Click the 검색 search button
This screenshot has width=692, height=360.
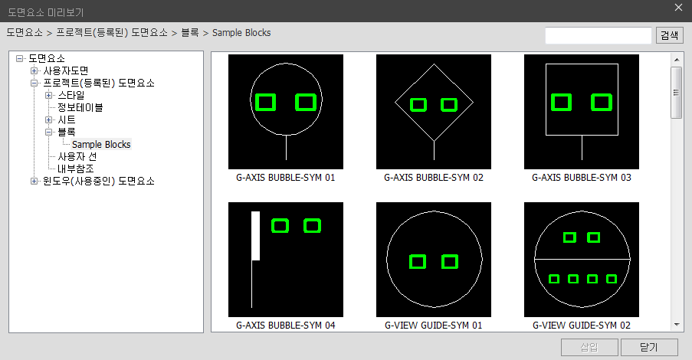point(670,35)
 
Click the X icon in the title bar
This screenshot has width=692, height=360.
point(678,8)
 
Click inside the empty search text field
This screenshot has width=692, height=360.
point(598,35)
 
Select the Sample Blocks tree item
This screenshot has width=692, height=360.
point(101,144)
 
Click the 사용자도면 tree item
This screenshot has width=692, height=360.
point(66,70)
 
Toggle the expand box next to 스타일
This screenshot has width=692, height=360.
point(48,95)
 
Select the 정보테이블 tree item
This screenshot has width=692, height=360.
point(80,107)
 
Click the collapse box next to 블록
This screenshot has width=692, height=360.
point(48,132)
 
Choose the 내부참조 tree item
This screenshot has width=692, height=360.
point(75,169)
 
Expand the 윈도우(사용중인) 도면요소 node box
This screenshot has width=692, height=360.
point(34,181)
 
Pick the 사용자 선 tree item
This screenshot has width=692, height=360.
point(77,156)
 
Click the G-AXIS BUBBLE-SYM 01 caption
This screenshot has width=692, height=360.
point(286,178)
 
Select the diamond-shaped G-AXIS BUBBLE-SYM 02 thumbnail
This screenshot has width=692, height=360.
point(434,112)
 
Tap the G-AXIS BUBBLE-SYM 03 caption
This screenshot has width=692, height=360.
point(581,178)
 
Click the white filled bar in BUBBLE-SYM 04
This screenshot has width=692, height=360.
point(255,236)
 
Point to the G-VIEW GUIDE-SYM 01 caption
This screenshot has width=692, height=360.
point(434,325)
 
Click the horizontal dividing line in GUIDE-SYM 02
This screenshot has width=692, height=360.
point(582,259)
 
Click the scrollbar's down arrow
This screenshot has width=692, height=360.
point(677,325)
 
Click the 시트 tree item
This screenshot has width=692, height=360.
point(67,119)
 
